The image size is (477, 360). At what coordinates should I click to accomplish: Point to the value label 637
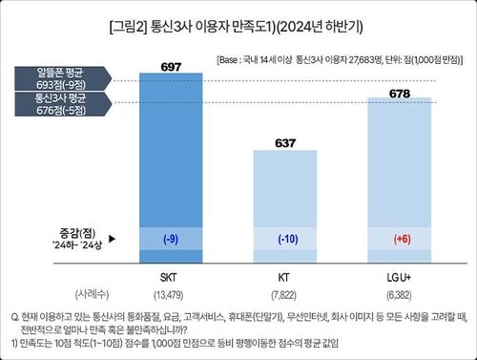click(284, 141)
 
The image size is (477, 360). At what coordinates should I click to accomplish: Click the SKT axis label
click(169, 277)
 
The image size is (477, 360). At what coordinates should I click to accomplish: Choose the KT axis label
click(284, 277)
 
